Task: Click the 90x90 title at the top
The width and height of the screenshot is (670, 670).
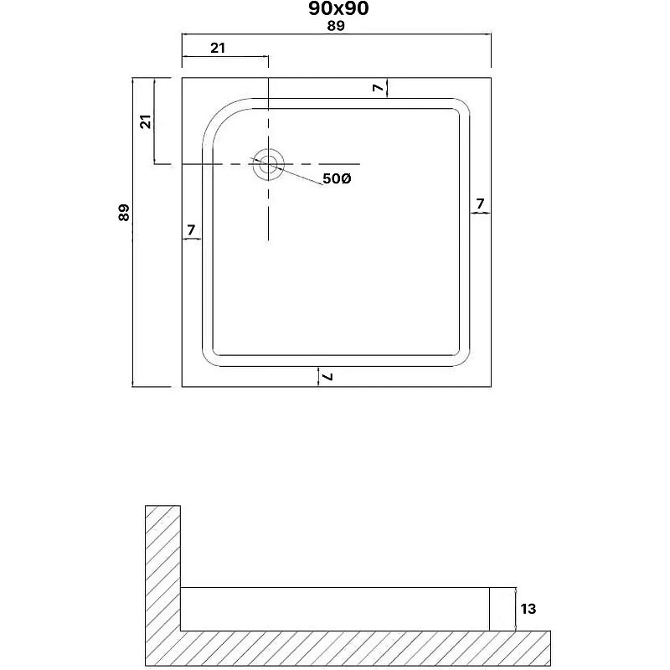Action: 338,8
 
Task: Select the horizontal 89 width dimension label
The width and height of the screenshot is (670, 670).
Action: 336,26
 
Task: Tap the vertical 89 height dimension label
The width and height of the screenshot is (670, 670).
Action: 123,213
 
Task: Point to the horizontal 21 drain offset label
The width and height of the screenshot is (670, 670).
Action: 218,48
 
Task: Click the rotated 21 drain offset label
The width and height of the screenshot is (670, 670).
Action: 146,121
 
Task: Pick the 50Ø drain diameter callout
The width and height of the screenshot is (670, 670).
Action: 337,178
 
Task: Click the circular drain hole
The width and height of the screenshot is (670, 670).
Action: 268,164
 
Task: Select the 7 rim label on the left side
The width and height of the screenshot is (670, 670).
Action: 191,229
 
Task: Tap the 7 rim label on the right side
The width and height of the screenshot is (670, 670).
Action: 480,204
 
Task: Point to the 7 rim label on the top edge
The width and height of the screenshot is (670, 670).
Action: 379,88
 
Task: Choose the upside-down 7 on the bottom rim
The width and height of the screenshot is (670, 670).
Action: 328,376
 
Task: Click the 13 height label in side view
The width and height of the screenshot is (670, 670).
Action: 528,609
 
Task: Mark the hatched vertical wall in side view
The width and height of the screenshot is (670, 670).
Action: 162,569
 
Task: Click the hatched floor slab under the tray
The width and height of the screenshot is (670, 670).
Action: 348,648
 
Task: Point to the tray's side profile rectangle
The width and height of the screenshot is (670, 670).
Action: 334,609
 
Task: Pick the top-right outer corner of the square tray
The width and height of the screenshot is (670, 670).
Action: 491,78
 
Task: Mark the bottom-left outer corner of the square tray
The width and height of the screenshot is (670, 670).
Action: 182,387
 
